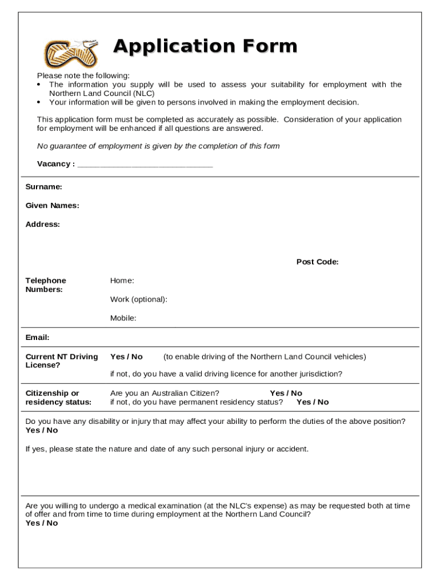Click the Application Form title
205,46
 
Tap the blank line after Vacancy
145,165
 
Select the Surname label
44,187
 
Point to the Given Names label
53,206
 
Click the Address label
43,225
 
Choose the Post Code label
317,262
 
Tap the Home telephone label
122,281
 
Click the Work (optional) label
139,299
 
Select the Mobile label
123,318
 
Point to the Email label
38,338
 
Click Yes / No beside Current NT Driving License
126,357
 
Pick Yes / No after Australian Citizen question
286,393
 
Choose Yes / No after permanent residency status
313,402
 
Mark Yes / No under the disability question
42,431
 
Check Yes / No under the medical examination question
42,523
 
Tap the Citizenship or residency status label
58,398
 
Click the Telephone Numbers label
46,285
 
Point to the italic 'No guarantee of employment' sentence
158,146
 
